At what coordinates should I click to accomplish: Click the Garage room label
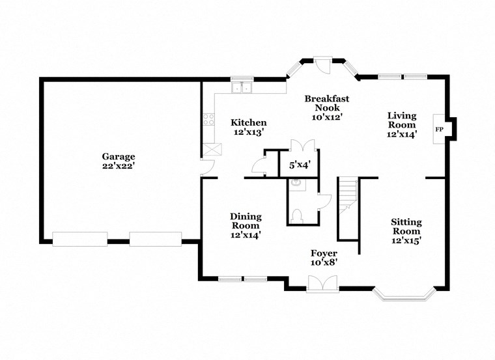click(118, 156)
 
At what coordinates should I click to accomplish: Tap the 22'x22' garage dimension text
click(118, 166)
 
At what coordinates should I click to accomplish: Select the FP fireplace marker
click(440, 130)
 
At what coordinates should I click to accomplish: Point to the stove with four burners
click(210, 120)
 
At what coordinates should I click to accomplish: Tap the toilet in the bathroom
click(296, 215)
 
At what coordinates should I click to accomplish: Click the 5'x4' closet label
click(299, 165)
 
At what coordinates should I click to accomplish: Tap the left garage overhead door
click(79, 239)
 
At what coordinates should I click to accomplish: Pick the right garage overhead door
click(155, 239)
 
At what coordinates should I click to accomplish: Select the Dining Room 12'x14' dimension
click(246, 235)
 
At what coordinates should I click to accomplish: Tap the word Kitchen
click(249, 122)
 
